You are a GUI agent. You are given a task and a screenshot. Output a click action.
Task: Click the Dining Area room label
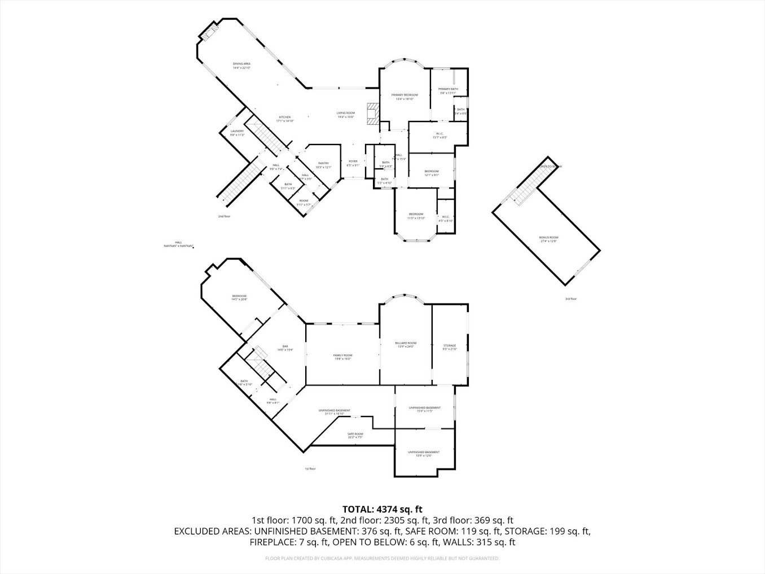[x=241, y=65]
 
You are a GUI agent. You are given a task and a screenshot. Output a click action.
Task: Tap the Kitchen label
[x=284, y=119]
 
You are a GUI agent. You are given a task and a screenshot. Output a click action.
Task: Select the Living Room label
[x=346, y=115]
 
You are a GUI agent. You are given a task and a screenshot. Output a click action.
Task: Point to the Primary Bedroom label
[x=405, y=97]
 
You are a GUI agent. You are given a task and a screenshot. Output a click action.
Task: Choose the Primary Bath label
[x=448, y=91]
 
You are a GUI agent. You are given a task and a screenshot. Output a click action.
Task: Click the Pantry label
[x=323, y=165]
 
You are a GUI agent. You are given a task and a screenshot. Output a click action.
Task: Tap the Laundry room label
[x=237, y=133]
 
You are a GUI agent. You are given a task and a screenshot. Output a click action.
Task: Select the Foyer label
[x=353, y=163]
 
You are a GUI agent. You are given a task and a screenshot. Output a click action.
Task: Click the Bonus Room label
[x=548, y=239]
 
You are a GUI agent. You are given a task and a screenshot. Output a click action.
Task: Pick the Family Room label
[x=342, y=357]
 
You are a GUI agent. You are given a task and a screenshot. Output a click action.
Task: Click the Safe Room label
[x=355, y=435]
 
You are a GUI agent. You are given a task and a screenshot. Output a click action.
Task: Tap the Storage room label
[x=450, y=347]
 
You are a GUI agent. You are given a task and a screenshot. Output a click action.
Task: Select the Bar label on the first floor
[x=285, y=348]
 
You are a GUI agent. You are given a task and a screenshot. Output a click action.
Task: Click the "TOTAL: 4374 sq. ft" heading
[x=383, y=509]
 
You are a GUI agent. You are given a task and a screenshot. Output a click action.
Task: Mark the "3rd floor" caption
[x=571, y=299]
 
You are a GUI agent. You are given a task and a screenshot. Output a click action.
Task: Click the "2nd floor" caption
[x=225, y=216]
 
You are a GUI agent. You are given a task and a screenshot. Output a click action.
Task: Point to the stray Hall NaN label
[x=178, y=244]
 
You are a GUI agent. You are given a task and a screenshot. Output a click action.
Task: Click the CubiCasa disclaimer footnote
[x=382, y=558]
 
